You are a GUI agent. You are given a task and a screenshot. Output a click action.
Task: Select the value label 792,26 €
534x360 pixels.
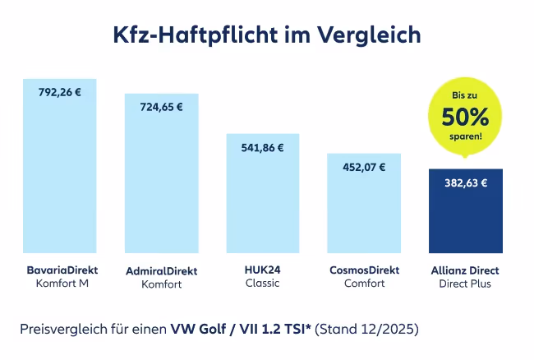60,92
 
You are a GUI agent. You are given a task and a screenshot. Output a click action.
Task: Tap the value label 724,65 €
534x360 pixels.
161,106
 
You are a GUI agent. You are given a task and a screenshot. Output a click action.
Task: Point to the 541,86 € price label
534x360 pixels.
262,148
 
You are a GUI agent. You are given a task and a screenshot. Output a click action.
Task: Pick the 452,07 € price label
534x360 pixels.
363,166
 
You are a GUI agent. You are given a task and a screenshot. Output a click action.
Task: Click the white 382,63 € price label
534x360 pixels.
465,183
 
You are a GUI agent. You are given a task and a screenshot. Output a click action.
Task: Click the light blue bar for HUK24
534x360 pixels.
262,201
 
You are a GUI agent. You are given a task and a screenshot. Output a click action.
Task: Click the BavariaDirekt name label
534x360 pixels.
61,270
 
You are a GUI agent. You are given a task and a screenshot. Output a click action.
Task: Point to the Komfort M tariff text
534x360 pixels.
61,284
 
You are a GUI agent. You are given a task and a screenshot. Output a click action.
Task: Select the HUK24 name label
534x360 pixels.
262,270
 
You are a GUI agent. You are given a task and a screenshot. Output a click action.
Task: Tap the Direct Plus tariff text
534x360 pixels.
465,284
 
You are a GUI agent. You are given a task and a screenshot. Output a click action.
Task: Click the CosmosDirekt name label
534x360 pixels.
364,270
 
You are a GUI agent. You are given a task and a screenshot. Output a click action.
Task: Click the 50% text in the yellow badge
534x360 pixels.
466,115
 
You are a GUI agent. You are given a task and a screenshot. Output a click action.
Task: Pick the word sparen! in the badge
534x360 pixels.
466,134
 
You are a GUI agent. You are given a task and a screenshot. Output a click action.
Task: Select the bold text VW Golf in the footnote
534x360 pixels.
197,330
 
